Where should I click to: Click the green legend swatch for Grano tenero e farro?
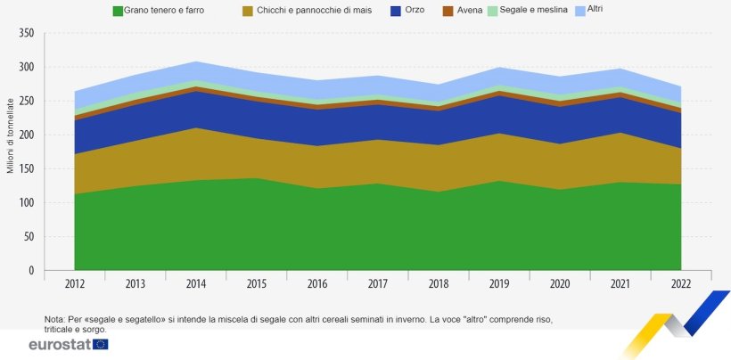click(118, 10)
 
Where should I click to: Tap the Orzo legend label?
click(415, 10)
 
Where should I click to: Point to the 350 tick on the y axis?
click(26, 33)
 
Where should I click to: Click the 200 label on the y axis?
click(26, 135)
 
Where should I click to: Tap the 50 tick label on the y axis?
click(29, 237)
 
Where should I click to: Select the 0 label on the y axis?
click(31, 271)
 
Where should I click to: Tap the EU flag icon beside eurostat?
click(100, 344)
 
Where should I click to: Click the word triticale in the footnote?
click(63, 329)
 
